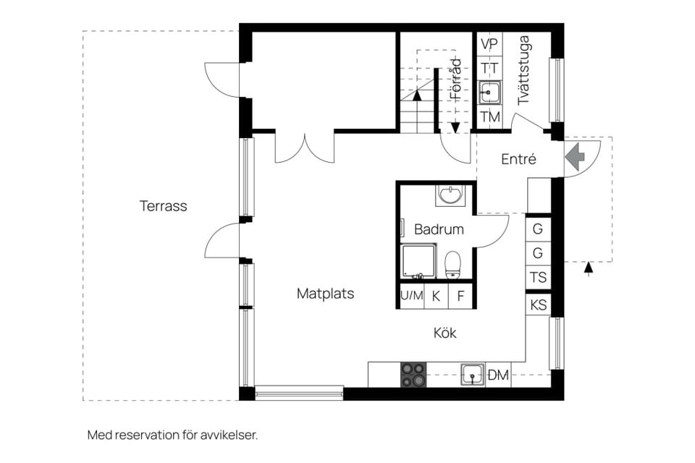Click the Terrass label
(x=163, y=206)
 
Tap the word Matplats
(x=325, y=294)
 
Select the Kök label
(x=445, y=333)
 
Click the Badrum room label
(x=438, y=229)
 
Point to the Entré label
(x=518, y=159)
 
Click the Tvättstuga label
(x=523, y=70)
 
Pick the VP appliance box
(x=489, y=44)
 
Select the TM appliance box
(x=489, y=116)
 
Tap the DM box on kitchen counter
(x=498, y=375)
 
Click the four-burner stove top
(x=413, y=375)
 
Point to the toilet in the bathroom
(x=453, y=264)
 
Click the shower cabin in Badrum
(x=418, y=261)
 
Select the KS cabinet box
(x=538, y=305)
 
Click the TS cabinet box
(x=538, y=277)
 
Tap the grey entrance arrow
(x=575, y=157)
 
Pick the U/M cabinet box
(x=411, y=295)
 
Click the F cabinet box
(x=460, y=295)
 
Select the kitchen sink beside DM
(x=473, y=375)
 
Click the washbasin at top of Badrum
(x=451, y=195)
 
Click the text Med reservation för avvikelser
(x=172, y=435)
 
